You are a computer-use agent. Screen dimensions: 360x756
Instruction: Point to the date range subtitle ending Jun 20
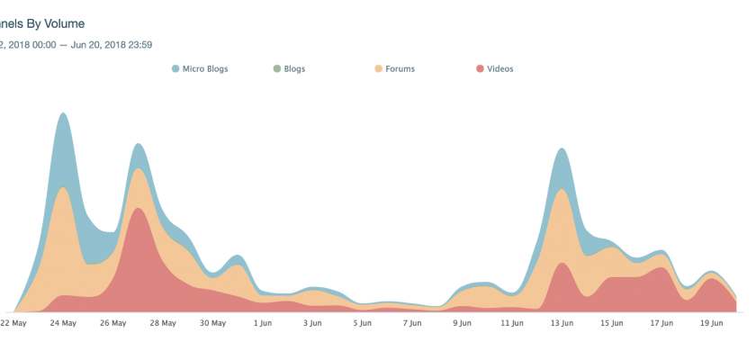click(x=76, y=43)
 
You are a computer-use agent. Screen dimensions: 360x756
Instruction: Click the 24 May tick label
click(x=63, y=321)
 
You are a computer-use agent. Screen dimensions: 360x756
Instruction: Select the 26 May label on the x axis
click(x=112, y=321)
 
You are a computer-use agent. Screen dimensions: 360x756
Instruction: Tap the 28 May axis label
click(x=162, y=321)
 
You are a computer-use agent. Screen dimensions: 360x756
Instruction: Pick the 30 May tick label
click(x=212, y=321)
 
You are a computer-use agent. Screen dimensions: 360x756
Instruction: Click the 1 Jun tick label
click(x=262, y=321)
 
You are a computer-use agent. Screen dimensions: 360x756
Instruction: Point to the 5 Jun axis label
click(x=362, y=321)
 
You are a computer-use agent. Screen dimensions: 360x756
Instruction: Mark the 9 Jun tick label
click(x=462, y=321)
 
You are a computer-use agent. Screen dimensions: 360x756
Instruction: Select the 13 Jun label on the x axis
click(x=562, y=321)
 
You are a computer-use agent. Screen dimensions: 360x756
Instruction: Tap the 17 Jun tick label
click(x=661, y=321)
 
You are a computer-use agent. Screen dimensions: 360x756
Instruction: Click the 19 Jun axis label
click(x=711, y=321)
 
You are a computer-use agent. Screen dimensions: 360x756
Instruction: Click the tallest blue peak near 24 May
click(x=62, y=113)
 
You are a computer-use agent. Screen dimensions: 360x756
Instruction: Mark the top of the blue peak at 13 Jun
click(x=562, y=148)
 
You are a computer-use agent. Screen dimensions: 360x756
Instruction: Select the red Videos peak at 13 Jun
click(x=562, y=264)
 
